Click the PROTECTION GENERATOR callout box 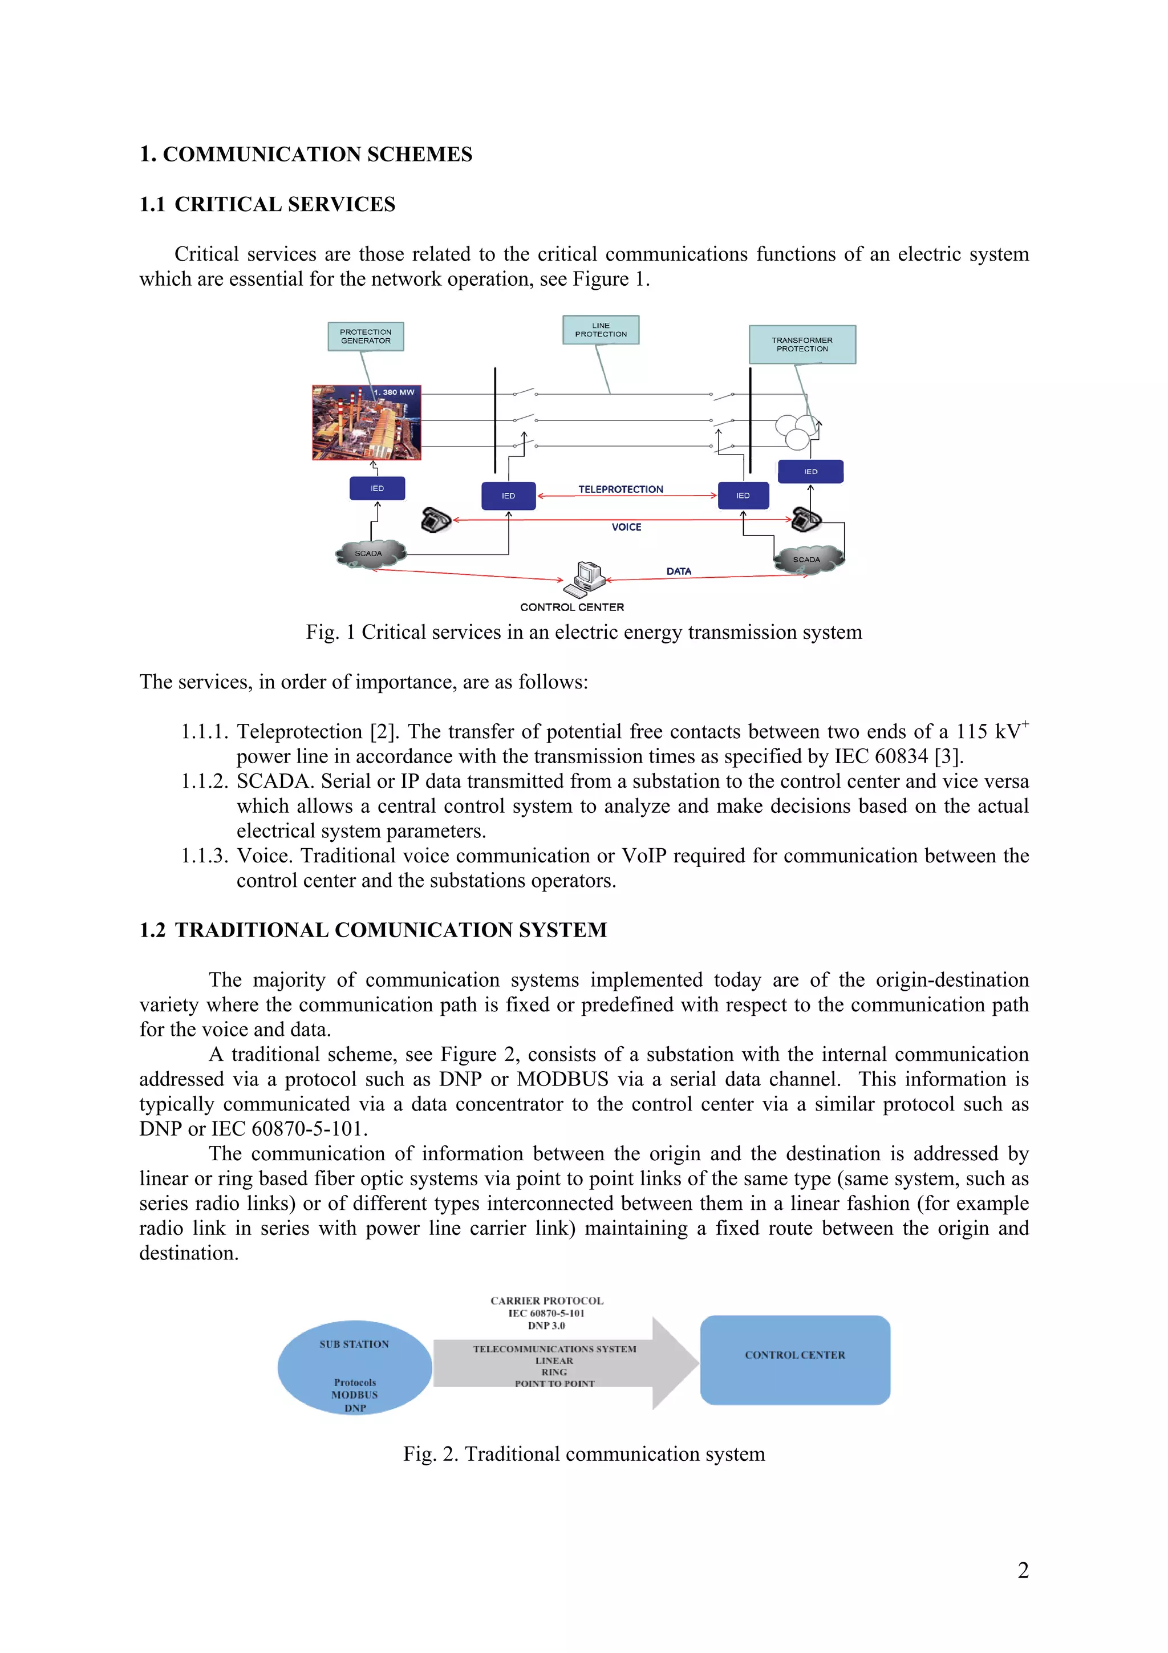[x=366, y=336]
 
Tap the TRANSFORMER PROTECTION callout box [x=802, y=344]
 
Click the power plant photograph [x=366, y=422]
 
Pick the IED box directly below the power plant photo [x=377, y=488]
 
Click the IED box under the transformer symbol [x=810, y=472]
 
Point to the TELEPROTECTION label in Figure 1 [x=620, y=489]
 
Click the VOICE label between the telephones [x=626, y=527]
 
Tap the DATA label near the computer [x=678, y=571]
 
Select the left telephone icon [x=435, y=519]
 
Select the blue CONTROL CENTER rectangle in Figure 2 [x=794, y=1360]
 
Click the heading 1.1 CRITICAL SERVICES [x=267, y=204]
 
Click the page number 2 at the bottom [x=1023, y=1570]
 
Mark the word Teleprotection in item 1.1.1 [x=299, y=731]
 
